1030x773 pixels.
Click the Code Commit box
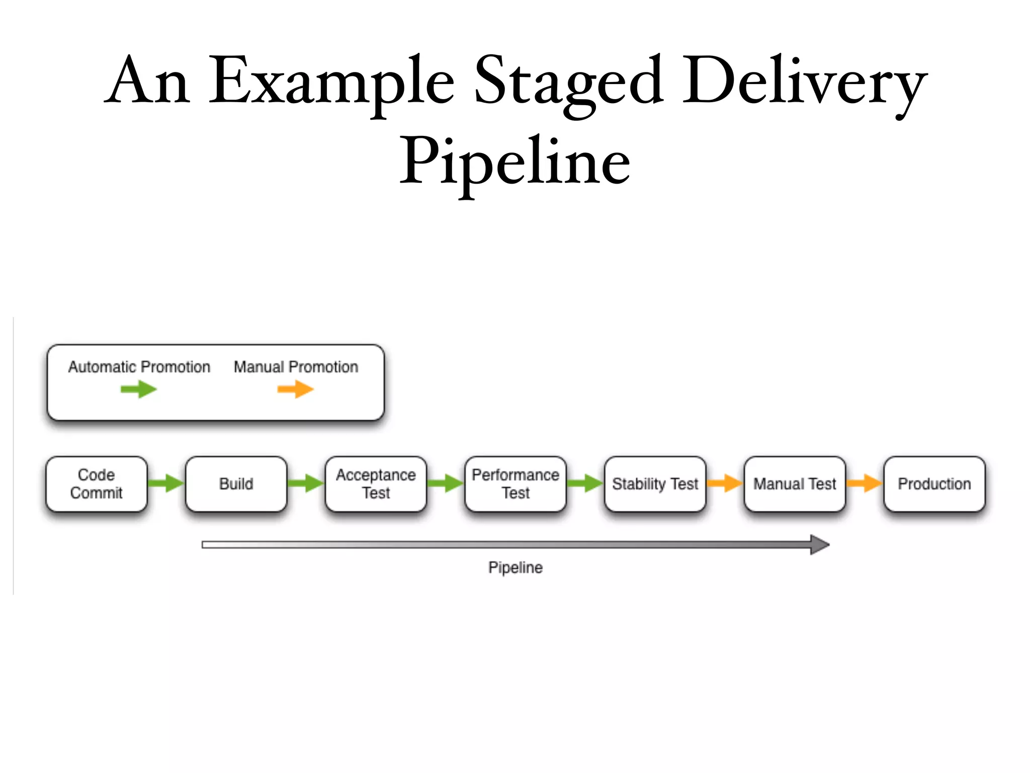click(96, 484)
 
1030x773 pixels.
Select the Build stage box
click(236, 484)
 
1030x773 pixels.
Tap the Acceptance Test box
click(376, 484)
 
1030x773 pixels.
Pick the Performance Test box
click(516, 484)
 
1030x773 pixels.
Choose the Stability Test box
click(655, 484)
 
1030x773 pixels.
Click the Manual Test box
click(795, 484)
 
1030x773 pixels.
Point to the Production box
click(934, 484)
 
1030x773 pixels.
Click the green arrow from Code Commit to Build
click(166, 483)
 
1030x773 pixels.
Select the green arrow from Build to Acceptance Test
click(306, 483)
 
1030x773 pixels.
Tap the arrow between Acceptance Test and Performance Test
click(446, 483)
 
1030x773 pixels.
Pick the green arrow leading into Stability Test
click(585, 483)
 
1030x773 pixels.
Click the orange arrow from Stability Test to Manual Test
click(725, 483)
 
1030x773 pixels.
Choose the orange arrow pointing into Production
click(865, 483)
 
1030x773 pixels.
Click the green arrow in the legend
click(139, 389)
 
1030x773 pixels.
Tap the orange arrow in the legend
click(296, 389)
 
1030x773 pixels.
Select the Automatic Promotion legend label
click(139, 367)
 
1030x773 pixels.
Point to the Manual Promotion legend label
click(296, 367)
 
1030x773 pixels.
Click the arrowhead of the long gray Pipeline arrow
click(819, 545)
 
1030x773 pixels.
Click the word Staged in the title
click(569, 81)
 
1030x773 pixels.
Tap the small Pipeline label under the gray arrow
click(516, 568)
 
